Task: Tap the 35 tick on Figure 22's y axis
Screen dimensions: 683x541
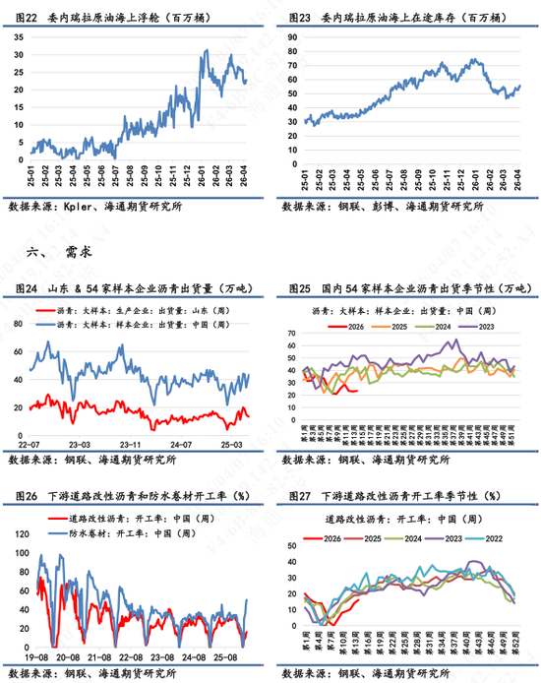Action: tap(20, 34)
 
